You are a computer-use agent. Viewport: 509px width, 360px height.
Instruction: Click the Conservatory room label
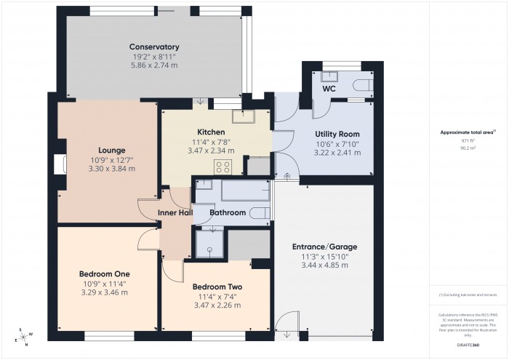pos(155,47)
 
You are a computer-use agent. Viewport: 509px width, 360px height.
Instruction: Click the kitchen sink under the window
pos(242,116)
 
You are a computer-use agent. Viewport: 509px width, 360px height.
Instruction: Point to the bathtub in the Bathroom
pos(245,192)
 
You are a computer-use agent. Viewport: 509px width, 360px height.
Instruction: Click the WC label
pos(329,89)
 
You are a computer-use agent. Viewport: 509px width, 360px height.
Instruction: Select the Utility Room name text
pos(337,135)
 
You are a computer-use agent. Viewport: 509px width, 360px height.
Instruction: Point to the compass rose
pos(23,335)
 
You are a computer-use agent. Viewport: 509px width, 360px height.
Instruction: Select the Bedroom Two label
pos(217,287)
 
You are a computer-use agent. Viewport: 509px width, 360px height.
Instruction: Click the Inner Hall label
pos(175,213)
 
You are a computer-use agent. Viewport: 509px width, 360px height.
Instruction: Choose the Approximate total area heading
pos(467,132)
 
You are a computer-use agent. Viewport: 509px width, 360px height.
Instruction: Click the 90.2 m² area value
pos(467,147)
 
